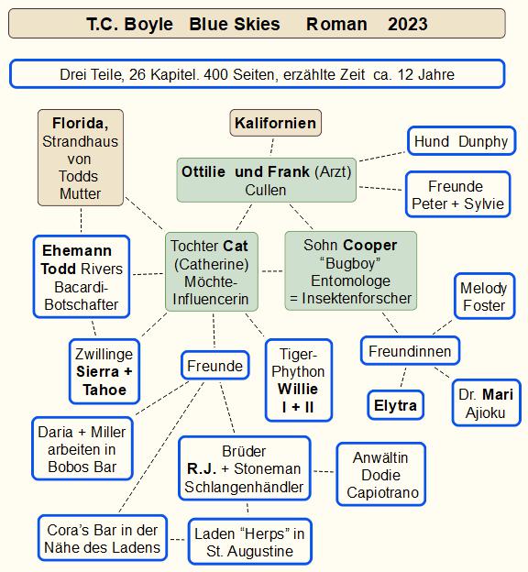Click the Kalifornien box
[x=276, y=123]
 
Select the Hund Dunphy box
[x=461, y=141]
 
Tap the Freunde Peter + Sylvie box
[x=457, y=194]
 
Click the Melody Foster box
[x=484, y=296]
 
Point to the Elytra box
[x=395, y=405]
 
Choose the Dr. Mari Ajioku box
[x=486, y=403]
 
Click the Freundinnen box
[x=410, y=351]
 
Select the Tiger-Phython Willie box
[x=298, y=380]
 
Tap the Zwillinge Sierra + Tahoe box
[x=104, y=371]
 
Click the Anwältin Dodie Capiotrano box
[x=381, y=475]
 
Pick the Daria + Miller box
[x=82, y=448]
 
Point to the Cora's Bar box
[x=103, y=538]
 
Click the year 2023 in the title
[x=408, y=25]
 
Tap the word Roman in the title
[x=336, y=25]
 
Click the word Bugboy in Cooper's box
[x=350, y=263]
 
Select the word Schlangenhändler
[x=244, y=487]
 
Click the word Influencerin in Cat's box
[x=211, y=299]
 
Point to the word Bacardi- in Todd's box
[x=82, y=287]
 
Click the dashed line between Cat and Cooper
[x=272, y=271]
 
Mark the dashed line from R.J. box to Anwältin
[x=324, y=472]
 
